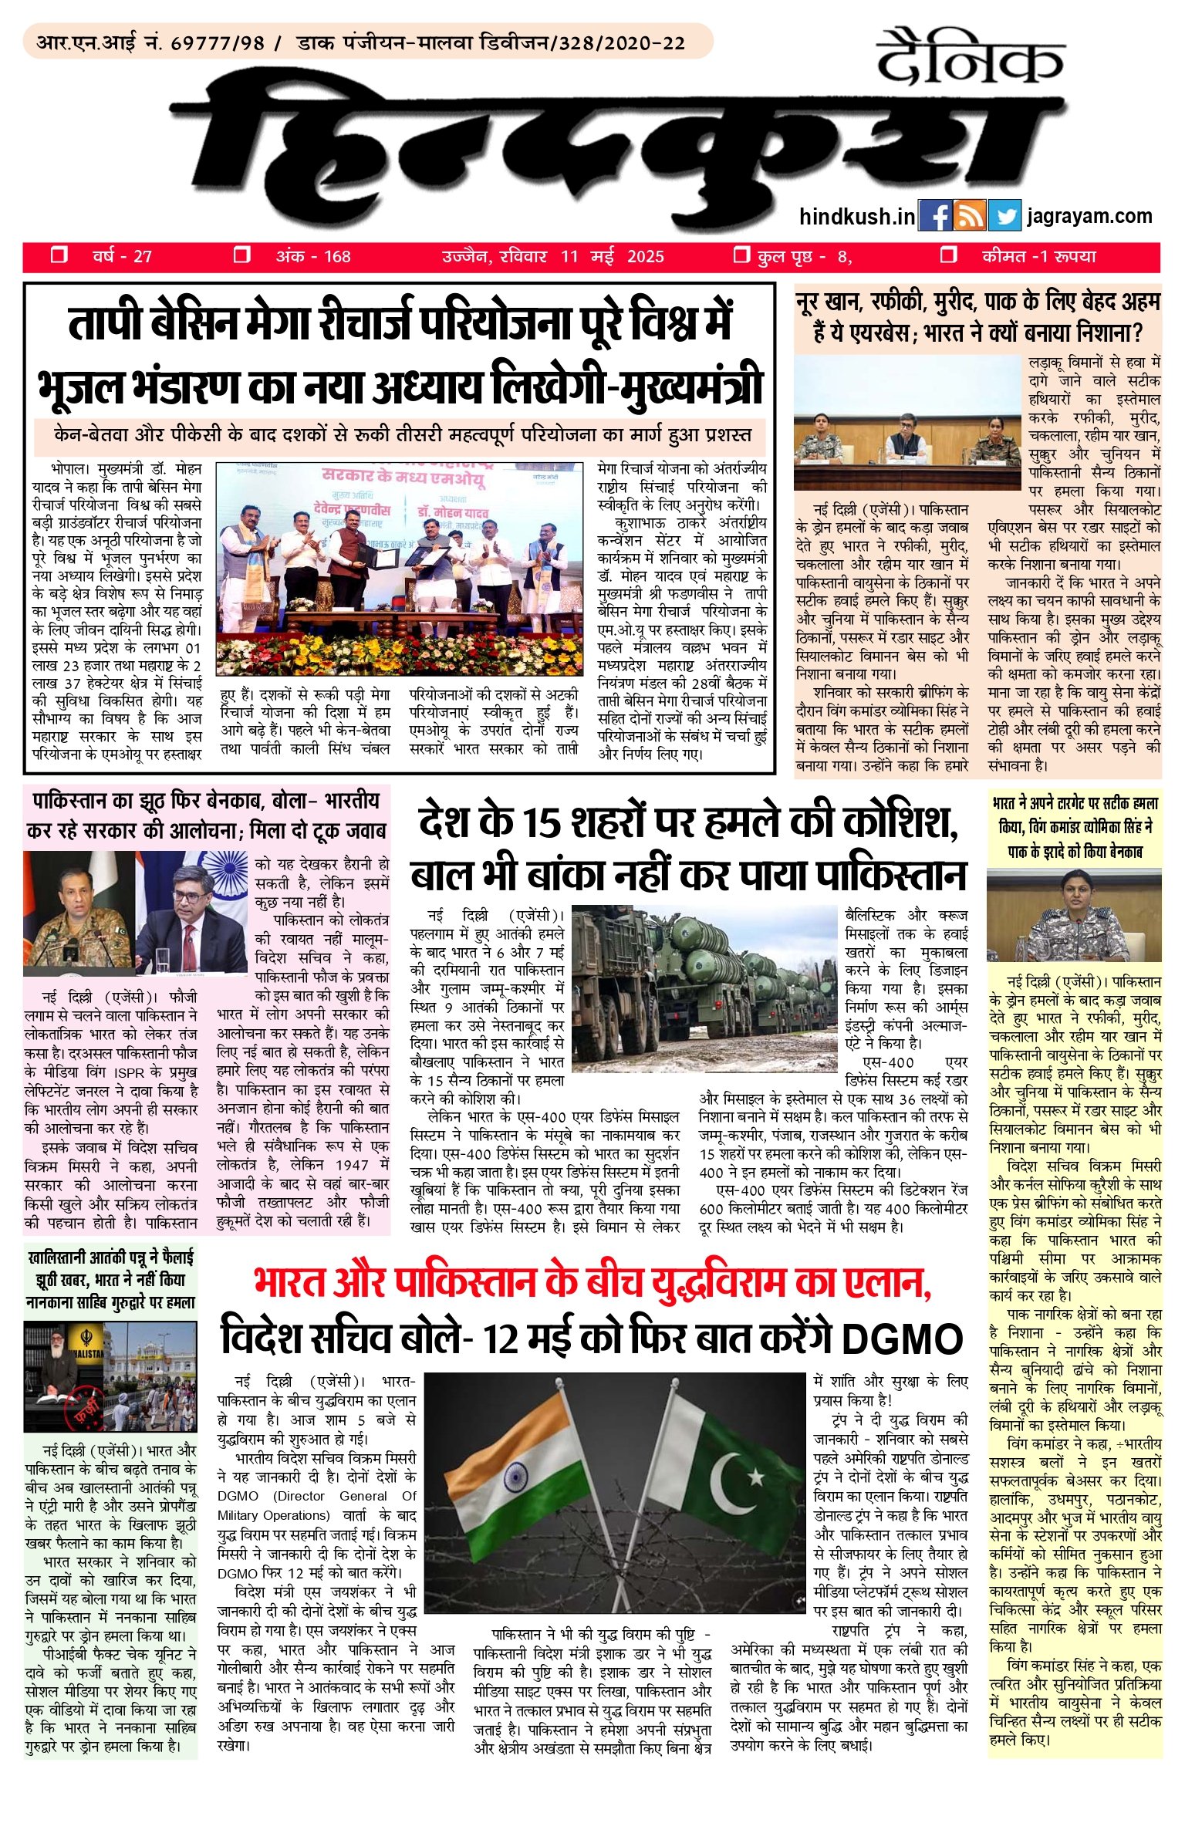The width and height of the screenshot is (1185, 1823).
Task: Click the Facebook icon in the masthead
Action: (x=935, y=217)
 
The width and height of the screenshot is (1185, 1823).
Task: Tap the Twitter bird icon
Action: (x=1004, y=217)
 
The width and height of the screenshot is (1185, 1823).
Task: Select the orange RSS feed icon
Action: (x=970, y=217)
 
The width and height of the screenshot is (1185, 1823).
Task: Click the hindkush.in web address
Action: (x=857, y=217)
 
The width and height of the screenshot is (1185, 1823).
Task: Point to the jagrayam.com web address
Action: (x=1089, y=216)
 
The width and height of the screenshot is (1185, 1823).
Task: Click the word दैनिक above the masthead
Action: (x=970, y=59)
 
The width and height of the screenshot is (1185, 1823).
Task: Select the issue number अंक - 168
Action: (x=313, y=257)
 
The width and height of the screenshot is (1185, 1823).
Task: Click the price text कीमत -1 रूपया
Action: (x=1038, y=257)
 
